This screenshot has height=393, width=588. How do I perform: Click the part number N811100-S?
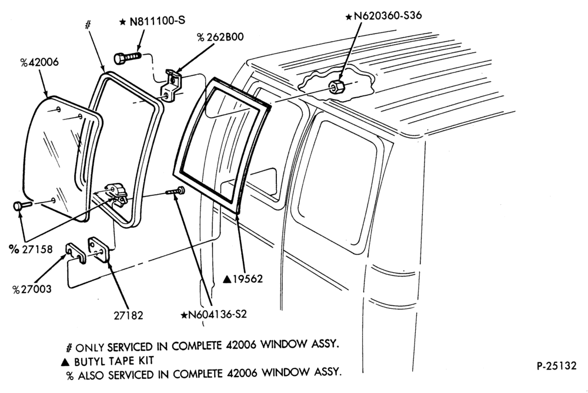tap(152, 21)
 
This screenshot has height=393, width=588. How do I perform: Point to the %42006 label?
tap(39, 62)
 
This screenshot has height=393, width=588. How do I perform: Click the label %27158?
tap(31, 249)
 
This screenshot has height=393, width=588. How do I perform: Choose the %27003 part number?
tap(32, 289)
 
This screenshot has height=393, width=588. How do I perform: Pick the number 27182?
tap(129, 315)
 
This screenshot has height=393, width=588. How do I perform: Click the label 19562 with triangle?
tap(243, 279)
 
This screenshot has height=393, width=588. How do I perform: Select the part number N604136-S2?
tap(214, 314)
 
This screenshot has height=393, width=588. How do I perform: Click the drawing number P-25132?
tap(556, 365)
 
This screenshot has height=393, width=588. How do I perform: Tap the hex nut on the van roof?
tap(335, 86)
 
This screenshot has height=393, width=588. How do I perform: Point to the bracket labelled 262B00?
tap(171, 86)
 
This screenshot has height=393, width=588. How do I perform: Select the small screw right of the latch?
tap(175, 191)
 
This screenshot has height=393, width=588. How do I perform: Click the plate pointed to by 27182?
tap(99, 249)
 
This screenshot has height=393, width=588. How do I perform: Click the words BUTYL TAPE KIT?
tap(114, 361)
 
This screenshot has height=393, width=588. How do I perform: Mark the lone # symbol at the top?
tap(88, 25)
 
